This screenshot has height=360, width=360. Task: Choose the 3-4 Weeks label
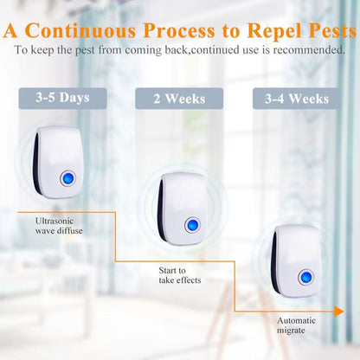pos(297,99)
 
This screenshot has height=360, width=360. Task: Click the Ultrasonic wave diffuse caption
pos(60,226)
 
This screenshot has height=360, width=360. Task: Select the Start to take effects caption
pos(177,276)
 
